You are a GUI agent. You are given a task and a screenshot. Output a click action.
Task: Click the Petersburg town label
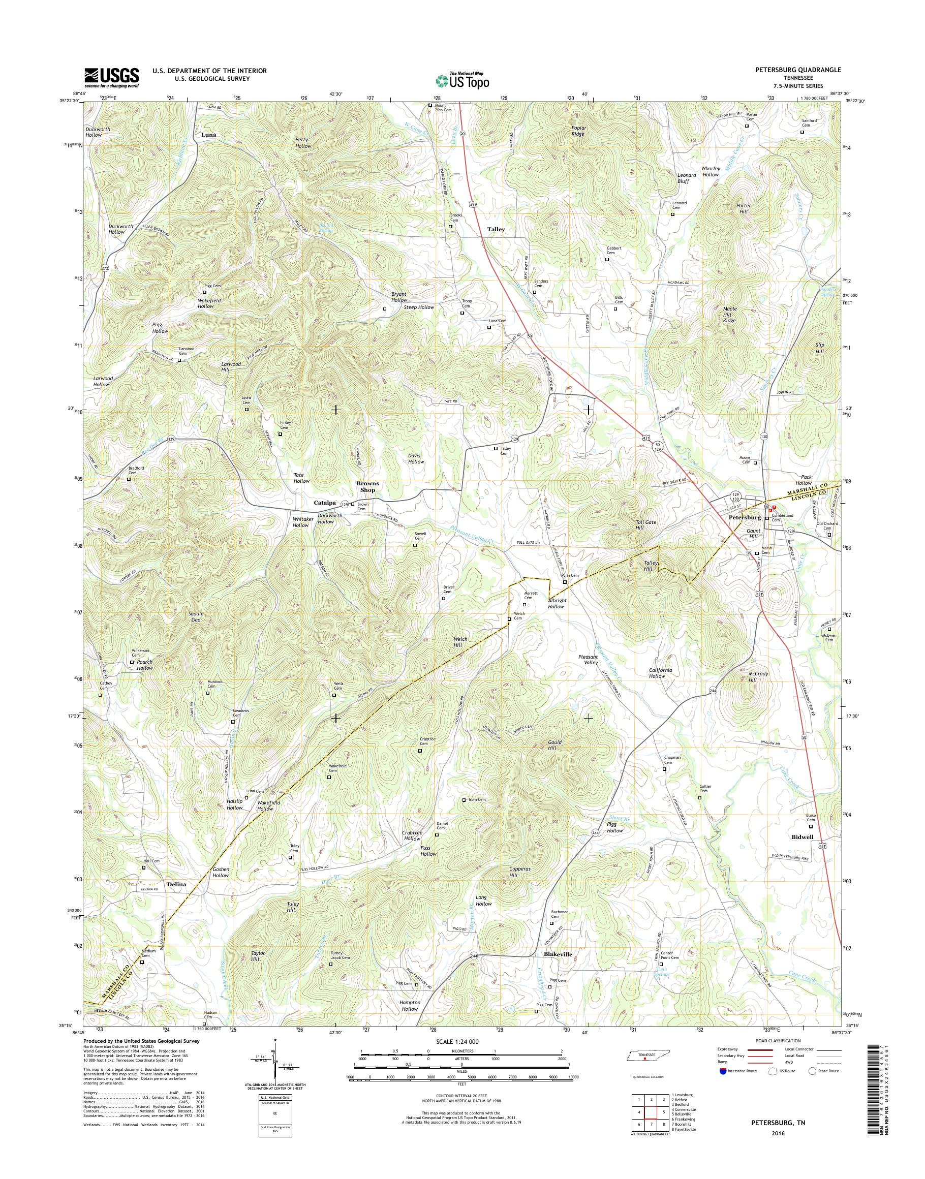tap(745, 517)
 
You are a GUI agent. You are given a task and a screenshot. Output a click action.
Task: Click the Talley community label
tap(496, 229)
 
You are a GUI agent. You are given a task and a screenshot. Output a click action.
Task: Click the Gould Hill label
tap(555, 744)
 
